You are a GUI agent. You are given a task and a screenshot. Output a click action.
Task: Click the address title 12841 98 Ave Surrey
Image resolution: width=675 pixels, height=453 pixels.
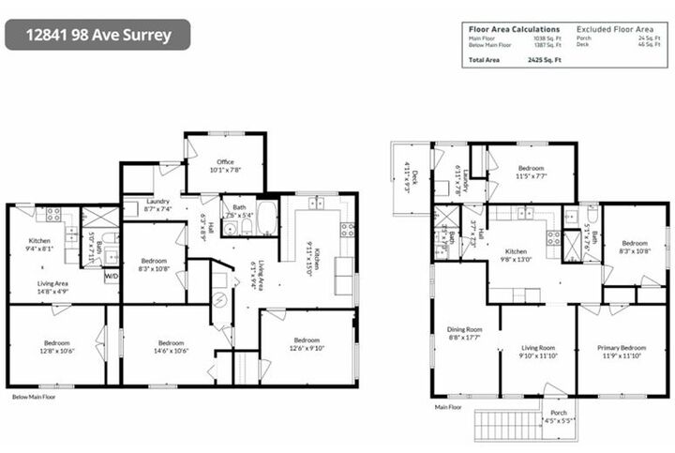(x=97, y=35)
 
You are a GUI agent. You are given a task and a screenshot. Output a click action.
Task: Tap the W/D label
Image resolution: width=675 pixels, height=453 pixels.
(x=111, y=276)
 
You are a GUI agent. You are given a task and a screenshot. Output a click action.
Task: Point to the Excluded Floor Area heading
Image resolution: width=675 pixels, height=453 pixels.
(x=617, y=30)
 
